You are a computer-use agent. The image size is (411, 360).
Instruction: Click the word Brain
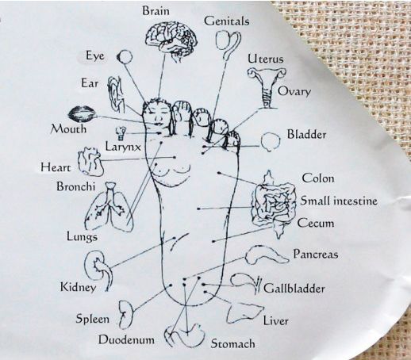[156, 11]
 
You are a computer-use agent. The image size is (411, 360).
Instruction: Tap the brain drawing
[171, 39]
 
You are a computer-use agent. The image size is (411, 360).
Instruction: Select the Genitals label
[226, 21]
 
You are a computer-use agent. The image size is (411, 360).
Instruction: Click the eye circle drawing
[125, 56]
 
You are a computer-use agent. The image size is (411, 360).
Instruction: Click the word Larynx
[123, 146]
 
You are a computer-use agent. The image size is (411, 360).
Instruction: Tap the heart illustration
[90, 162]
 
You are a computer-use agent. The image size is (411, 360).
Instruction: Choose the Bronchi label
[75, 186]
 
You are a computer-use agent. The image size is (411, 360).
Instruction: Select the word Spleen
[93, 319]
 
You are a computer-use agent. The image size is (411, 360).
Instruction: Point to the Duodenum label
[126, 339]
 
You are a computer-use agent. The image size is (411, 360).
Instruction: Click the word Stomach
[232, 343]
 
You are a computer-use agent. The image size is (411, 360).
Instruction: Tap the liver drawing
[244, 313]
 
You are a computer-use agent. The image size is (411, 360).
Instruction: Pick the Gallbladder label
[294, 288]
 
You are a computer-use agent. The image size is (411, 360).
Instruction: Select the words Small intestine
[339, 201]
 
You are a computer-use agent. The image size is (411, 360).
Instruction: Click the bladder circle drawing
[270, 141]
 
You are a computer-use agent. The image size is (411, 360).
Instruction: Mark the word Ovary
[294, 92]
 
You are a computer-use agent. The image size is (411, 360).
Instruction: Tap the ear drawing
[116, 94]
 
